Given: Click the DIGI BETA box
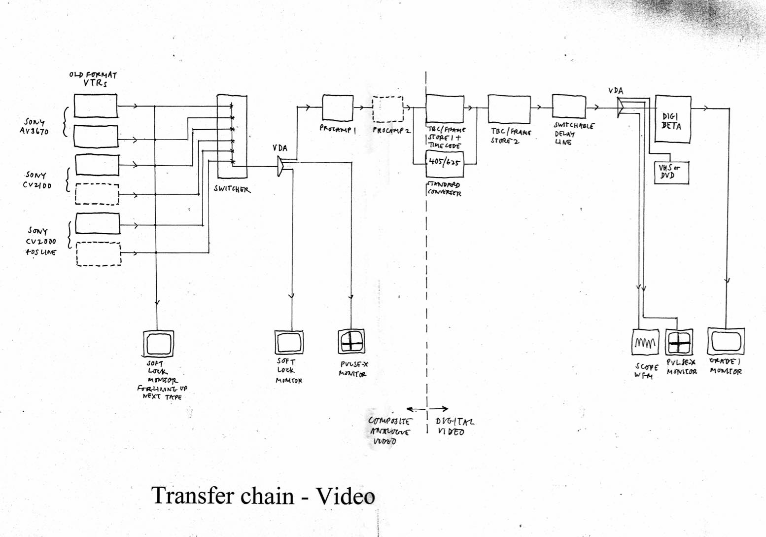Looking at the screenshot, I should tap(673, 119).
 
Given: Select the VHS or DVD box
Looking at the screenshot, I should tap(670, 172).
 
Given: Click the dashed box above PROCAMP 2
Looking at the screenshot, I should tap(387, 109).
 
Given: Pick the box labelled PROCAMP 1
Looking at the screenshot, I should tap(338, 108).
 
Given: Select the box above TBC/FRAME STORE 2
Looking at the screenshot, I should tap(508, 109).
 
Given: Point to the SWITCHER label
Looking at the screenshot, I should tap(232, 189).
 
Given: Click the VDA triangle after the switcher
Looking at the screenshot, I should tap(281, 166).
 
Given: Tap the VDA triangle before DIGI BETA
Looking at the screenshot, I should tap(621, 107).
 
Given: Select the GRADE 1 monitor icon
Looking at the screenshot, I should tap(726, 341).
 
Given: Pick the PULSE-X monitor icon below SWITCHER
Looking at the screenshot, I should tap(350, 341).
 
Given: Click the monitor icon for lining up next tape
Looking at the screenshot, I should tap(158, 343).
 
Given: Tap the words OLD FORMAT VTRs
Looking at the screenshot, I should tap(94, 79).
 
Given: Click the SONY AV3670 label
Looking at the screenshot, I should tap(35, 126).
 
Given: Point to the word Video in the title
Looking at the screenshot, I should tap(345, 496).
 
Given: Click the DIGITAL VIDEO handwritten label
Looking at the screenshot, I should tap(454, 427).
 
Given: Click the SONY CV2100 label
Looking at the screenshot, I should tap(36, 180).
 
